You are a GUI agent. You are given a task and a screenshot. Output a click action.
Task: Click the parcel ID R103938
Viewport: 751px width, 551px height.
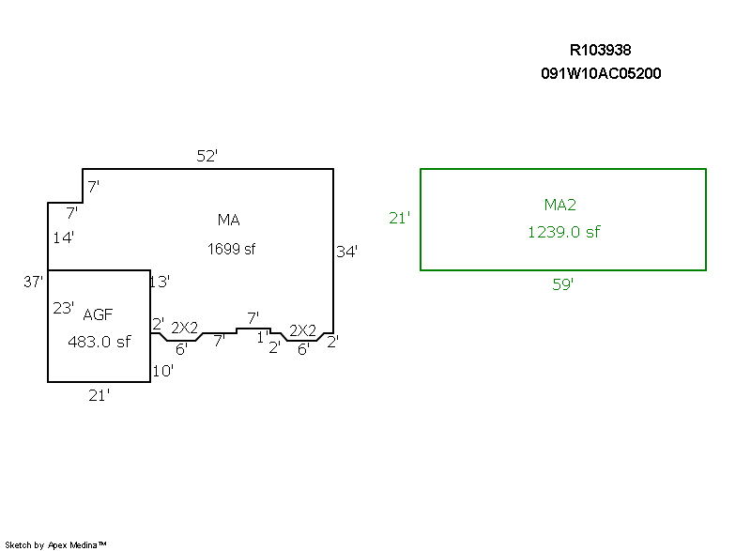click(x=606, y=50)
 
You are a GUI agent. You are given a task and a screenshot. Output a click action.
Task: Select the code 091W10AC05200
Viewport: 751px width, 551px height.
click(x=601, y=73)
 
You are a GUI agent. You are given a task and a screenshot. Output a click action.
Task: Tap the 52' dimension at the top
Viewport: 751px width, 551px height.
click(x=207, y=157)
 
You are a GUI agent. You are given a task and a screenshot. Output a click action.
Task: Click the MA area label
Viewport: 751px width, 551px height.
click(x=228, y=220)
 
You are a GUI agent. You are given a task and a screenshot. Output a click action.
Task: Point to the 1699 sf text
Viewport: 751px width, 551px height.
click(x=231, y=249)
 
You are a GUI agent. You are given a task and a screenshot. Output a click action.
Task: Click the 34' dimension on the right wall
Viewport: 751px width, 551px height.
click(x=346, y=252)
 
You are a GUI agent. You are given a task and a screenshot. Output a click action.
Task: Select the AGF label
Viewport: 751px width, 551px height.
click(x=98, y=314)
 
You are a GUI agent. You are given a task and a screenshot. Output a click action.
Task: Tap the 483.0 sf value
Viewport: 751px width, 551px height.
click(x=99, y=342)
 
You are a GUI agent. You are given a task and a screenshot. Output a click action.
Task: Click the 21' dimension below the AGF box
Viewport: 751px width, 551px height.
click(x=100, y=395)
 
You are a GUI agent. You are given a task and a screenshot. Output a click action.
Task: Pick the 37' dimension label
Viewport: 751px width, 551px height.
click(x=34, y=281)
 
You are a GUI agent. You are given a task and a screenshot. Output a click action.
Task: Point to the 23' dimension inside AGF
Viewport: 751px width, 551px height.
click(x=63, y=307)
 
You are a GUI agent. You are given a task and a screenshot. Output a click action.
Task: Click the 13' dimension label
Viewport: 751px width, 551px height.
click(x=160, y=281)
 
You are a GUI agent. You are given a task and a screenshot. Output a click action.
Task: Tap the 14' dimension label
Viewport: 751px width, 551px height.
click(x=63, y=237)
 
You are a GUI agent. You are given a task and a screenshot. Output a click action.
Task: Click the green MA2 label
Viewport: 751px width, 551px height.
click(x=559, y=204)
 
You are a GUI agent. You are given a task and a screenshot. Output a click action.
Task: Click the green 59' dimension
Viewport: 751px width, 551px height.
click(x=562, y=284)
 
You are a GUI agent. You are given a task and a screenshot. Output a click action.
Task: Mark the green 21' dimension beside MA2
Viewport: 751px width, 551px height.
click(x=400, y=218)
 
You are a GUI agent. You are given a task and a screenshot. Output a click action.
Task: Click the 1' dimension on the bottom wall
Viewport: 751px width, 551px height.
click(x=262, y=337)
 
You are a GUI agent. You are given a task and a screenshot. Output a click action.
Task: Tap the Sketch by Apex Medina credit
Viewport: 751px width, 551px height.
click(x=56, y=544)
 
